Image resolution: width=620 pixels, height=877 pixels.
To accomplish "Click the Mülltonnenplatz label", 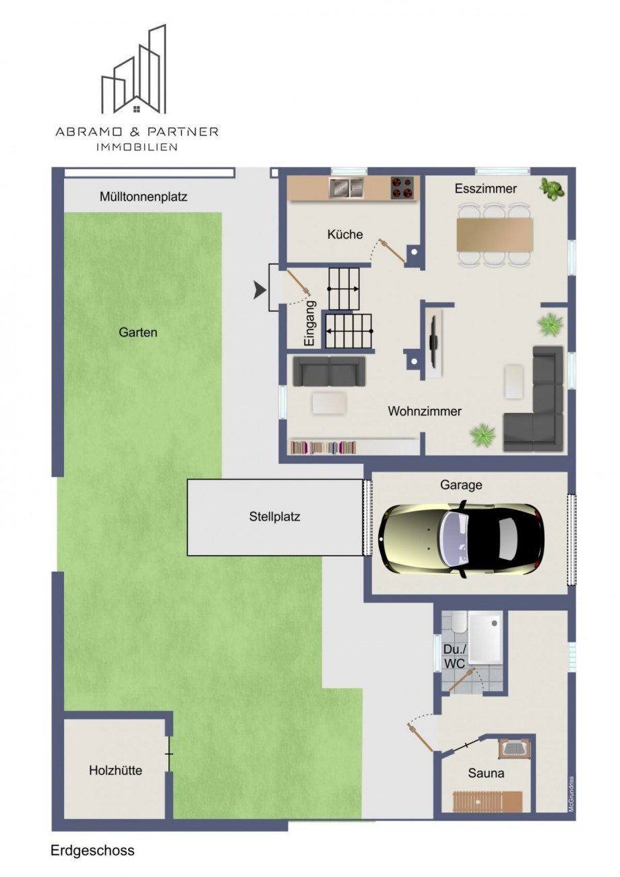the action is [144, 197].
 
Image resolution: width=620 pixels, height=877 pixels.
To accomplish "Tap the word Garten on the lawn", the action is [138, 332].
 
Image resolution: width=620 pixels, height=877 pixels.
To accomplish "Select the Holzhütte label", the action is [115, 771].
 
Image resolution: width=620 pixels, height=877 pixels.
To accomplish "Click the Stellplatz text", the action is [274, 517].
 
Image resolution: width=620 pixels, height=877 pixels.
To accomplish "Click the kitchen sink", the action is [346, 187].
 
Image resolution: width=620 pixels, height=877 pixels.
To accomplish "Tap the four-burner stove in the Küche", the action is [402, 187].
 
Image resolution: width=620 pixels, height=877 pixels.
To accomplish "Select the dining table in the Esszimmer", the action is [495, 234].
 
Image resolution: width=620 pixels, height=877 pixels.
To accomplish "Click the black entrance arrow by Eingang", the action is [259, 290].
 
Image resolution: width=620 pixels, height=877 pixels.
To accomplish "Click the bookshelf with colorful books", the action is [323, 447].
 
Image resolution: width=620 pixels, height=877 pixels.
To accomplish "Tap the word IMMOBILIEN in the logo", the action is [137, 147].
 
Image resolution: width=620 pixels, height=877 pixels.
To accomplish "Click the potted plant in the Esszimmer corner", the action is [553, 189].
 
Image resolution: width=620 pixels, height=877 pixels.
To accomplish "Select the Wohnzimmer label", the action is [425, 411].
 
